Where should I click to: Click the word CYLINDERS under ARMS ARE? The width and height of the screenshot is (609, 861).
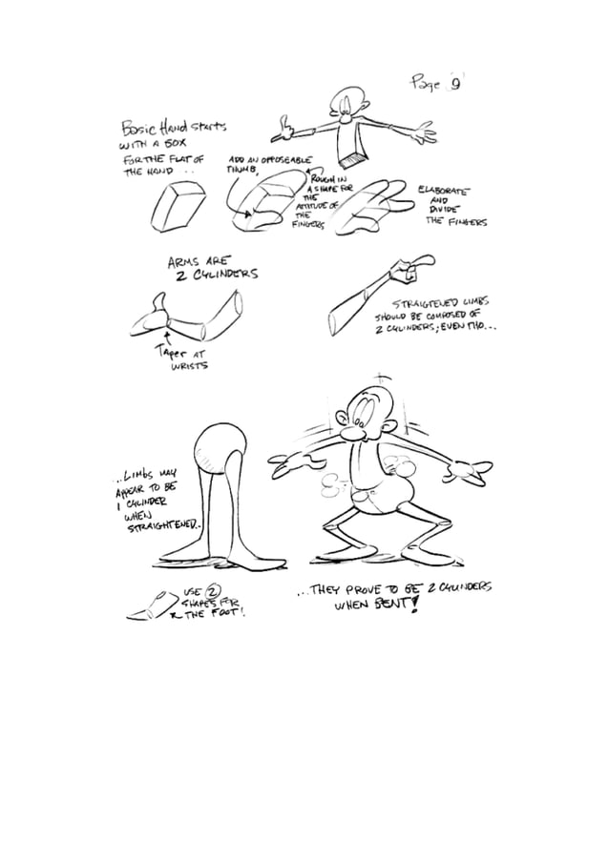225,274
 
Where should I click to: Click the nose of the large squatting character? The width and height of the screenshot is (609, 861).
354,437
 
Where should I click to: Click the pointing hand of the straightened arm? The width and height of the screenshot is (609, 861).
412,268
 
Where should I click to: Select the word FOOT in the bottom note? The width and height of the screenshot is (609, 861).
228,614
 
